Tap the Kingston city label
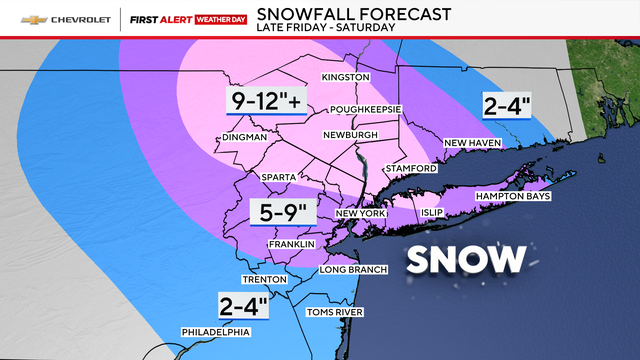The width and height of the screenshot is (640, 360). coord(346,77)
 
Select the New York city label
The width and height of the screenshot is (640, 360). coord(360,214)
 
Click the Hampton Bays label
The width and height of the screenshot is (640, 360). coord(513,196)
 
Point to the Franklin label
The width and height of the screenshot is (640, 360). coord(291,244)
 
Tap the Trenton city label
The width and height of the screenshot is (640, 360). coord(265,279)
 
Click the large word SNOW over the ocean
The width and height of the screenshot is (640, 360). coord(466,259)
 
